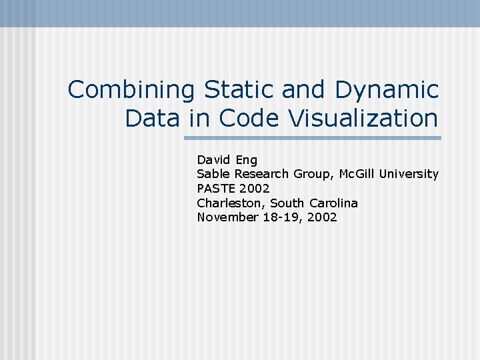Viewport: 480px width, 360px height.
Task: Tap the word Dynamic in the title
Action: (387, 89)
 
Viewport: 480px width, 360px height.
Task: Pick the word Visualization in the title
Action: (363, 119)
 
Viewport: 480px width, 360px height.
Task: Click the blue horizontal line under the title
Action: (313, 138)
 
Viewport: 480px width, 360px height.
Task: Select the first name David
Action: (213, 160)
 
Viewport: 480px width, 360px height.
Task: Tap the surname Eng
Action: (245, 160)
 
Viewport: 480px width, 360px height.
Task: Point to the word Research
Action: (261, 174)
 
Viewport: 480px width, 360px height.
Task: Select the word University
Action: (409, 174)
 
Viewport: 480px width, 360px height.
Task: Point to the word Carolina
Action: (333, 203)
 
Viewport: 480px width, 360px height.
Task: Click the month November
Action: (227, 217)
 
